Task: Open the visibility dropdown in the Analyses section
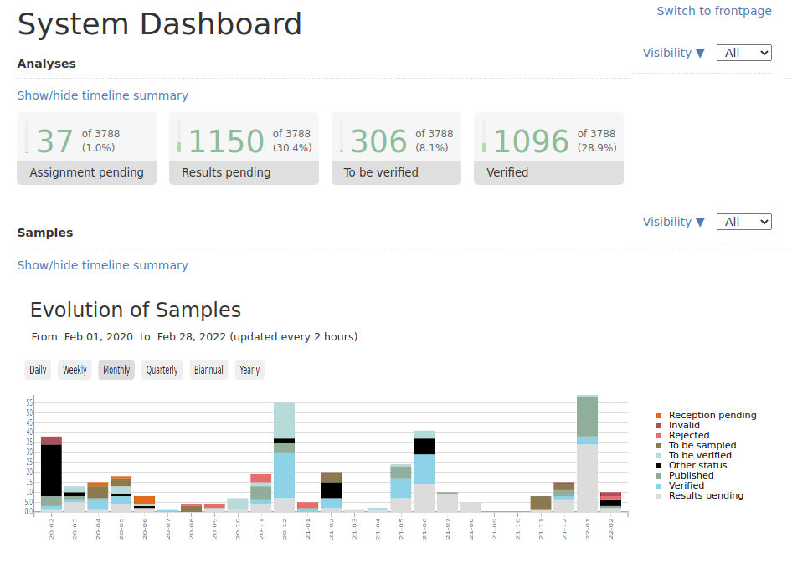point(743,53)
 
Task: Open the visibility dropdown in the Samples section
point(743,222)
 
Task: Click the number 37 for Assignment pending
point(55,141)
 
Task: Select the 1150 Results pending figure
point(226,141)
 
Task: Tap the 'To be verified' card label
point(381,172)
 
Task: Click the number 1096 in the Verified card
point(531,141)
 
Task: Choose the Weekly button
point(75,370)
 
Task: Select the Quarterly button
point(162,370)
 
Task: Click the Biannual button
point(208,370)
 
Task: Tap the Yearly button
point(249,370)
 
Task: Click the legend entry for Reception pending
point(712,416)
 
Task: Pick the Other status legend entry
point(697,466)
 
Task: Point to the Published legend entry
point(691,476)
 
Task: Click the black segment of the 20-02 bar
point(52,470)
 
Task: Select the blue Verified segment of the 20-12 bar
point(285,474)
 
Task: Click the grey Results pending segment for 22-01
point(587,478)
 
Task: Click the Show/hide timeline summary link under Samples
point(102,265)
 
